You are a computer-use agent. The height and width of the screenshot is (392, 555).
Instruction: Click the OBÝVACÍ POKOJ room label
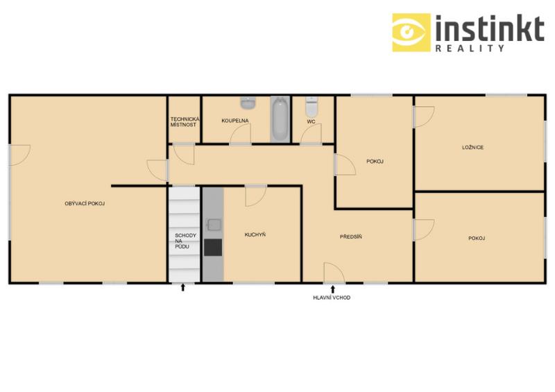pyautogui.click(x=85, y=203)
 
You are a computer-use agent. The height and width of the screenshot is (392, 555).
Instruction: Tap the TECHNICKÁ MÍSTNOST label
pyautogui.click(x=185, y=122)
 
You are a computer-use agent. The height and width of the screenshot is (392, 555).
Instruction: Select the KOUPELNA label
pyautogui.click(x=235, y=121)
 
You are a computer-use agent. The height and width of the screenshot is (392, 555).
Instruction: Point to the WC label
pyautogui.click(x=311, y=121)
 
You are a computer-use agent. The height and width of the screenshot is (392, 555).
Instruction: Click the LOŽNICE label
pyautogui.click(x=472, y=147)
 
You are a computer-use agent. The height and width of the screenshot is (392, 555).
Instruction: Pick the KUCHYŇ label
pyautogui.click(x=255, y=235)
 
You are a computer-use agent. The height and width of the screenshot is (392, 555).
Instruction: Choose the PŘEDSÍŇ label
pyautogui.click(x=351, y=237)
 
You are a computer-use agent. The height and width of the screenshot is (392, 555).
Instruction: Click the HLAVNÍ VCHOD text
pyautogui.click(x=332, y=298)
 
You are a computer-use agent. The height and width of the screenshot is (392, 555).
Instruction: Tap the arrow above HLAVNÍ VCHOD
pyautogui.click(x=333, y=289)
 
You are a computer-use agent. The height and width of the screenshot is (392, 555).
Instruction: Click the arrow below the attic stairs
pyautogui.click(x=183, y=287)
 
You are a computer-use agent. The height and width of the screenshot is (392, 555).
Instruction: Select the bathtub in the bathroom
pyautogui.click(x=280, y=119)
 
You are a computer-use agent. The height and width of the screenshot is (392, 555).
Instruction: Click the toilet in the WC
pyautogui.click(x=311, y=106)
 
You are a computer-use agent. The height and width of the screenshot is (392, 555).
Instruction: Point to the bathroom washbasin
pyautogui.click(x=248, y=103)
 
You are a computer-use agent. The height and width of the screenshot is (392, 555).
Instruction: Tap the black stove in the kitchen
pyautogui.click(x=213, y=247)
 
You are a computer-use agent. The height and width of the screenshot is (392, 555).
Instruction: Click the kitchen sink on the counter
pyautogui.click(x=214, y=225)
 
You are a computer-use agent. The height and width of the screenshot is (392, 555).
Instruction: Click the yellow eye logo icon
pyautogui.click(x=411, y=33)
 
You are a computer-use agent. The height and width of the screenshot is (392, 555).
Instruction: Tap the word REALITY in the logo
pyautogui.click(x=470, y=48)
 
